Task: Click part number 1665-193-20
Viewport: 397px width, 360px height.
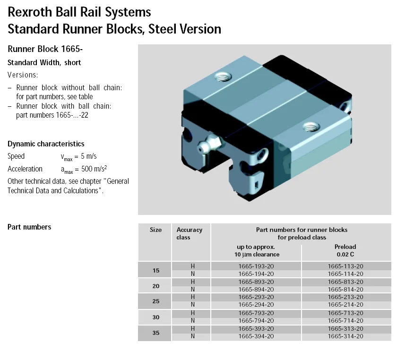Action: point(256,266)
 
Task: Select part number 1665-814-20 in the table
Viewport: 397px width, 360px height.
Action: point(345,289)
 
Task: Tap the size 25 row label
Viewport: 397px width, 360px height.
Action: point(155,301)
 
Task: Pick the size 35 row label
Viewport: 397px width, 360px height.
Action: point(155,333)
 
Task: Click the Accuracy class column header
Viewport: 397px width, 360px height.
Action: point(189,233)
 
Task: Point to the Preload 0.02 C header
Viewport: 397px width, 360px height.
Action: point(345,250)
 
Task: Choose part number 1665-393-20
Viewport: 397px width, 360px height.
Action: point(256,329)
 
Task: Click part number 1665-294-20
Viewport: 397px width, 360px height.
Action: point(256,305)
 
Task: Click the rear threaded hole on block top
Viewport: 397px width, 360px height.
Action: point(221,75)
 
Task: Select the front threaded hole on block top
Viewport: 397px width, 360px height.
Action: point(310,126)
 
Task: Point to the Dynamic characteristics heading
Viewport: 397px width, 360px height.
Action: point(46,144)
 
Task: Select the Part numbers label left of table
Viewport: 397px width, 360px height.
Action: point(29,227)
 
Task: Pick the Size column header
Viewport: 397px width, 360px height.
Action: point(155,230)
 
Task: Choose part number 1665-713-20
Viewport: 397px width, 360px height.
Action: point(345,313)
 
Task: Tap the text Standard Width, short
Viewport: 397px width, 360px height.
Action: point(44,63)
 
